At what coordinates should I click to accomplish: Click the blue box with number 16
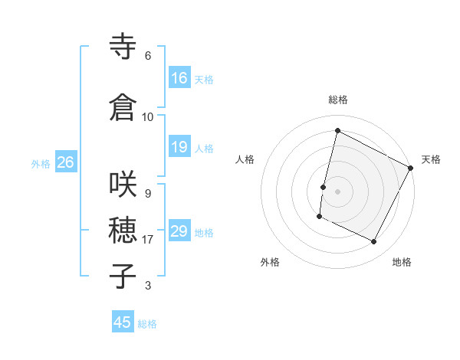pyautogui.click(x=179, y=77)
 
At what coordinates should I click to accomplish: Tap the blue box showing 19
pyautogui.click(x=179, y=147)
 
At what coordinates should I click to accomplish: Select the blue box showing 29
pyautogui.click(x=179, y=231)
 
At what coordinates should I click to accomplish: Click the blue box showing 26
pyautogui.click(x=65, y=162)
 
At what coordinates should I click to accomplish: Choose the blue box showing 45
pyautogui.click(x=123, y=322)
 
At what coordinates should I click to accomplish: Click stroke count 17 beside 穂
pyautogui.click(x=148, y=240)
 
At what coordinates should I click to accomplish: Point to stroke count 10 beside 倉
pyautogui.click(x=148, y=116)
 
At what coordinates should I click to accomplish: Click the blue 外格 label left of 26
pyautogui.click(x=41, y=164)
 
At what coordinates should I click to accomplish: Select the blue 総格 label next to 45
pyautogui.click(x=148, y=324)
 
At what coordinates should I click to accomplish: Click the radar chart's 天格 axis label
pyautogui.click(x=431, y=159)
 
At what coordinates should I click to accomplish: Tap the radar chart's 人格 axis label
pyautogui.click(x=245, y=159)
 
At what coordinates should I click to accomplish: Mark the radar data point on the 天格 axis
pyautogui.click(x=412, y=168)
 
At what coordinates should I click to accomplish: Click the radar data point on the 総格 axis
pyautogui.click(x=337, y=130)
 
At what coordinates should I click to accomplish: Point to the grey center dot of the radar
pyautogui.click(x=337, y=191)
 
